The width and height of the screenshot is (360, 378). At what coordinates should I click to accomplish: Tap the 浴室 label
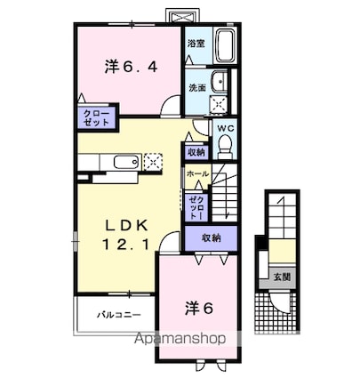click(x=196, y=42)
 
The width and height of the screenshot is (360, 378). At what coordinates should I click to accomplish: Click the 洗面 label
click(x=196, y=88)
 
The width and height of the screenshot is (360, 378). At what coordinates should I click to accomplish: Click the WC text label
click(x=225, y=128)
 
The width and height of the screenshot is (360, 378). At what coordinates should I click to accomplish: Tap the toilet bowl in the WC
click(x=225, y=143)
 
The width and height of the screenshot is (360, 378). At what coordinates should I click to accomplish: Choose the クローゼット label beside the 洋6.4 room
click(x=92, y=118)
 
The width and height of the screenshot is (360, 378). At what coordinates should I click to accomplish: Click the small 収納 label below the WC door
click(x=196, y=151)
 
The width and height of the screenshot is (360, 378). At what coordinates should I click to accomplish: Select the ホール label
click(x=197, y=174)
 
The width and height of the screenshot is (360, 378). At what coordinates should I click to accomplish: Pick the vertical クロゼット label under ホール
click(x=196, y=206)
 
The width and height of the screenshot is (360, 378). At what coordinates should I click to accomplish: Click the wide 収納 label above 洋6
click(x=211, y=237)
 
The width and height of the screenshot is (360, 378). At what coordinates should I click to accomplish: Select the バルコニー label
click(x=115, y=314)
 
